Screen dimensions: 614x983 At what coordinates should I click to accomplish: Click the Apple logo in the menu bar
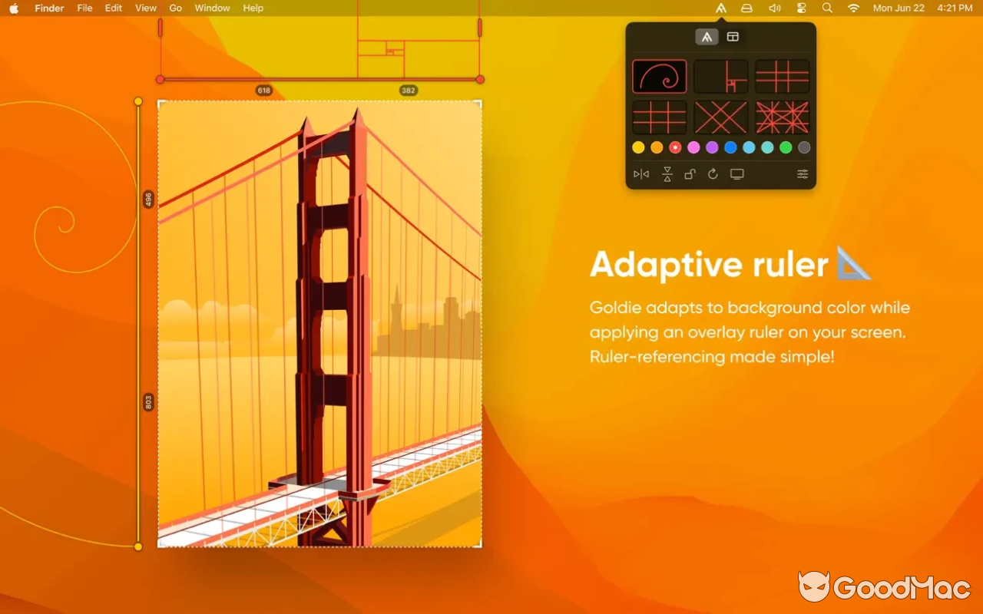tap(14, 8)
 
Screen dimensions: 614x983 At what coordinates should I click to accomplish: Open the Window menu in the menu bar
tap(212, 8)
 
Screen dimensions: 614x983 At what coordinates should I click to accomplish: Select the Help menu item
tap(253, 8)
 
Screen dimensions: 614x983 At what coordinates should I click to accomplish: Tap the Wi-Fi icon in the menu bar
tap(853, 8)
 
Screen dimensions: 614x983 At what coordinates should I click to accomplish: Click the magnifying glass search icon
tap(827, 8)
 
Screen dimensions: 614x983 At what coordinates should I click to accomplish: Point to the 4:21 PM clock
tap(955, 8)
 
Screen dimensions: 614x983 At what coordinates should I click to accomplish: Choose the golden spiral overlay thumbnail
tap(659, 77)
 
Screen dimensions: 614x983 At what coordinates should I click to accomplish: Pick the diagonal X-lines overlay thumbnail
tap(720, 117)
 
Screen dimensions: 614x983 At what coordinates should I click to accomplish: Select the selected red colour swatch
tap(675, 147)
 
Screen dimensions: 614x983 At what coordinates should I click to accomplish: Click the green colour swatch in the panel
tap(786, 147)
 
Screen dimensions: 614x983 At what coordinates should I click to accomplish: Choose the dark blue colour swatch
tap(730, 147)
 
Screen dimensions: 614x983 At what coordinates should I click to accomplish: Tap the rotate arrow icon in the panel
tap(713, 174)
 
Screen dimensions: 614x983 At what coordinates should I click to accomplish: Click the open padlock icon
tap(690, 174)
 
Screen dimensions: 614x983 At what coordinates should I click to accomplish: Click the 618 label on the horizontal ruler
tap(263, 91)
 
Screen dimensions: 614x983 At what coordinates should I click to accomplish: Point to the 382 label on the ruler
tap(408, 91)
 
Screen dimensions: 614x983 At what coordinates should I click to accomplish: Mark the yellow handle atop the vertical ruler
tap(138, 101)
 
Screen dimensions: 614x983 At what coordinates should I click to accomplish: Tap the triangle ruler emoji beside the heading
tap(853, 263)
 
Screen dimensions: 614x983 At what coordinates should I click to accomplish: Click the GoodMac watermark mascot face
tap(814, 587)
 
